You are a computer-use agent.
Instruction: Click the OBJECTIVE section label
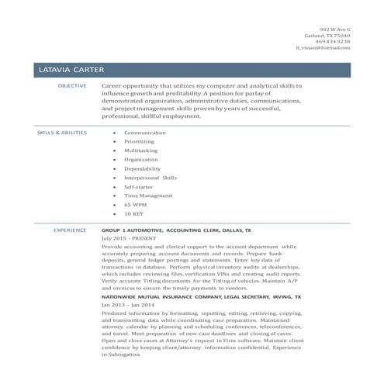pyautogui.click(x=73, y=85)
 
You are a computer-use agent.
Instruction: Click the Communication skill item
pyautogui.click(x=146, y=133)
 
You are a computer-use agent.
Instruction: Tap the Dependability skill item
pyautogui.click(x=143, y=168)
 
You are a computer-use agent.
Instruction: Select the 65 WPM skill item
pyautogui.click(x=137, y=205)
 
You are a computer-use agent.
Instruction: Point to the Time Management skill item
pyautogui.click(x=148, y=195)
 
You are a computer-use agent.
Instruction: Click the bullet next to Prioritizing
pyautogui.click(x=115, y=142)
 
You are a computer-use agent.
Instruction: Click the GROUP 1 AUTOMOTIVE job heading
pyautogui.click(x=176, y=231)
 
